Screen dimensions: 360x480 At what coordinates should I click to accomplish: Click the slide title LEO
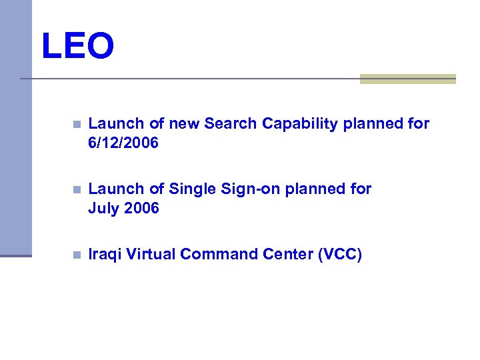click(x=77, y=47)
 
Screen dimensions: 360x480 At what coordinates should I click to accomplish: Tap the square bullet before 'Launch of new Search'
click(x=77, y=124)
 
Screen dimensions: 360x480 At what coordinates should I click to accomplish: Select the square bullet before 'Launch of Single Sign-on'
click(x=77, y=189)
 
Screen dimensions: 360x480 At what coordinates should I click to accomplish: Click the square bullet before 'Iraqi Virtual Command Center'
click(x=77, y=255)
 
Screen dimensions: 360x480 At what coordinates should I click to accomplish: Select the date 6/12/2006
click(x=123, y=143)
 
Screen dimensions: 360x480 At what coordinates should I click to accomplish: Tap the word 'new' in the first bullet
click(x=185, y=123)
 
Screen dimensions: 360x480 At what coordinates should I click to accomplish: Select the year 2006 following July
click(x=141, y=208)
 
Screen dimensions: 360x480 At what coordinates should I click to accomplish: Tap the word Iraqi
click(x=105, y=254)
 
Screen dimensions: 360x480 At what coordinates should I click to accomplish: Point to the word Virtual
click(x=151, y=254)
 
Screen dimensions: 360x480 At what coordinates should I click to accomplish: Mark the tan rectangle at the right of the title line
click(x=407, y=79)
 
